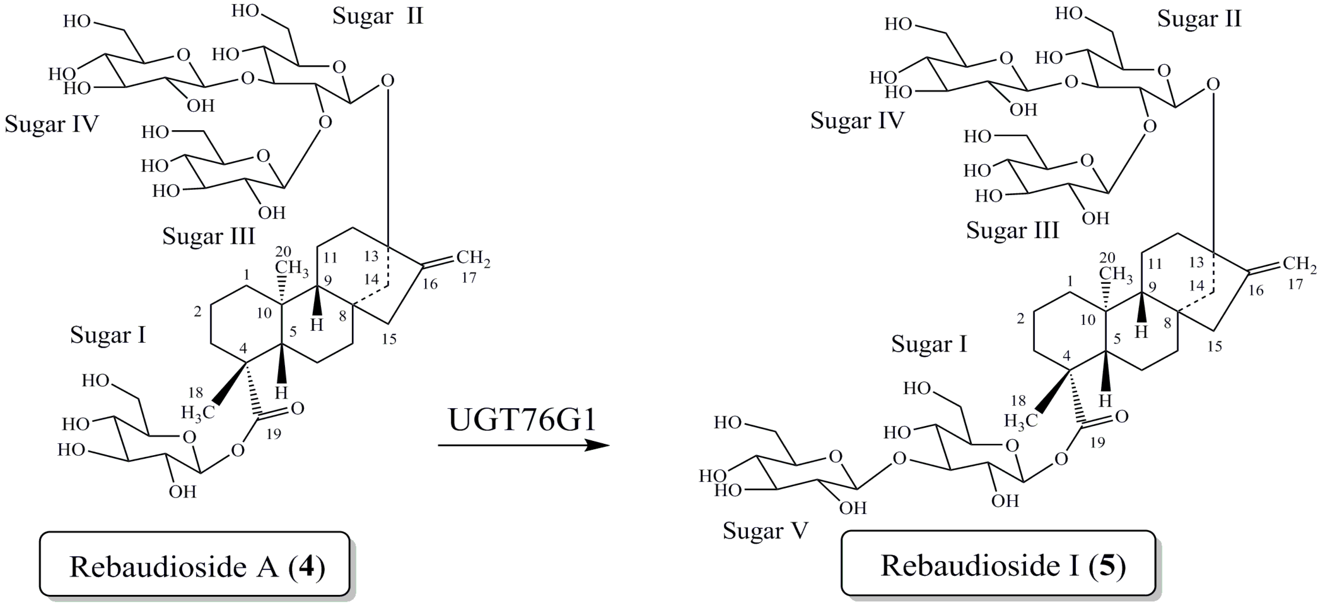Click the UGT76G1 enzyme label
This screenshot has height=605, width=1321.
[x=522, y=420]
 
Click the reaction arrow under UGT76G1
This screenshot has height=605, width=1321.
[x=523, y=445]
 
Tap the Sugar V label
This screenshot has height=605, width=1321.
[x=765, y=530]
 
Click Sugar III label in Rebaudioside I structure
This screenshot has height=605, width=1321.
[x=1012, y=230]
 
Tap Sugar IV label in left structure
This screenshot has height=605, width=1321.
[x=51, y=124]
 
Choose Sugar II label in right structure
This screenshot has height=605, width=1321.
[x=1199, y=19]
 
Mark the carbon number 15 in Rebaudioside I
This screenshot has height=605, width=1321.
[x=1214, y=346]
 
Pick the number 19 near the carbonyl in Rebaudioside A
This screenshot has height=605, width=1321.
[x=274, y=434]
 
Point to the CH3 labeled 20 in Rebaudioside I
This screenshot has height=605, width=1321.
[x=1115, y=275]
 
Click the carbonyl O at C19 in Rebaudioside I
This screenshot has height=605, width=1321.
[x=1121, y=417]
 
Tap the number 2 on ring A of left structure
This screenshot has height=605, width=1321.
[x=197, y=311]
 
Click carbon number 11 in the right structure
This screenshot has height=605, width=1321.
[x=1154, y=264]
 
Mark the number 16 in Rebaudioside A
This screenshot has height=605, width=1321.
[x=430, y=284]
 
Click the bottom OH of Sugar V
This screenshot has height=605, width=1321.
[x=853, y=508]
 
